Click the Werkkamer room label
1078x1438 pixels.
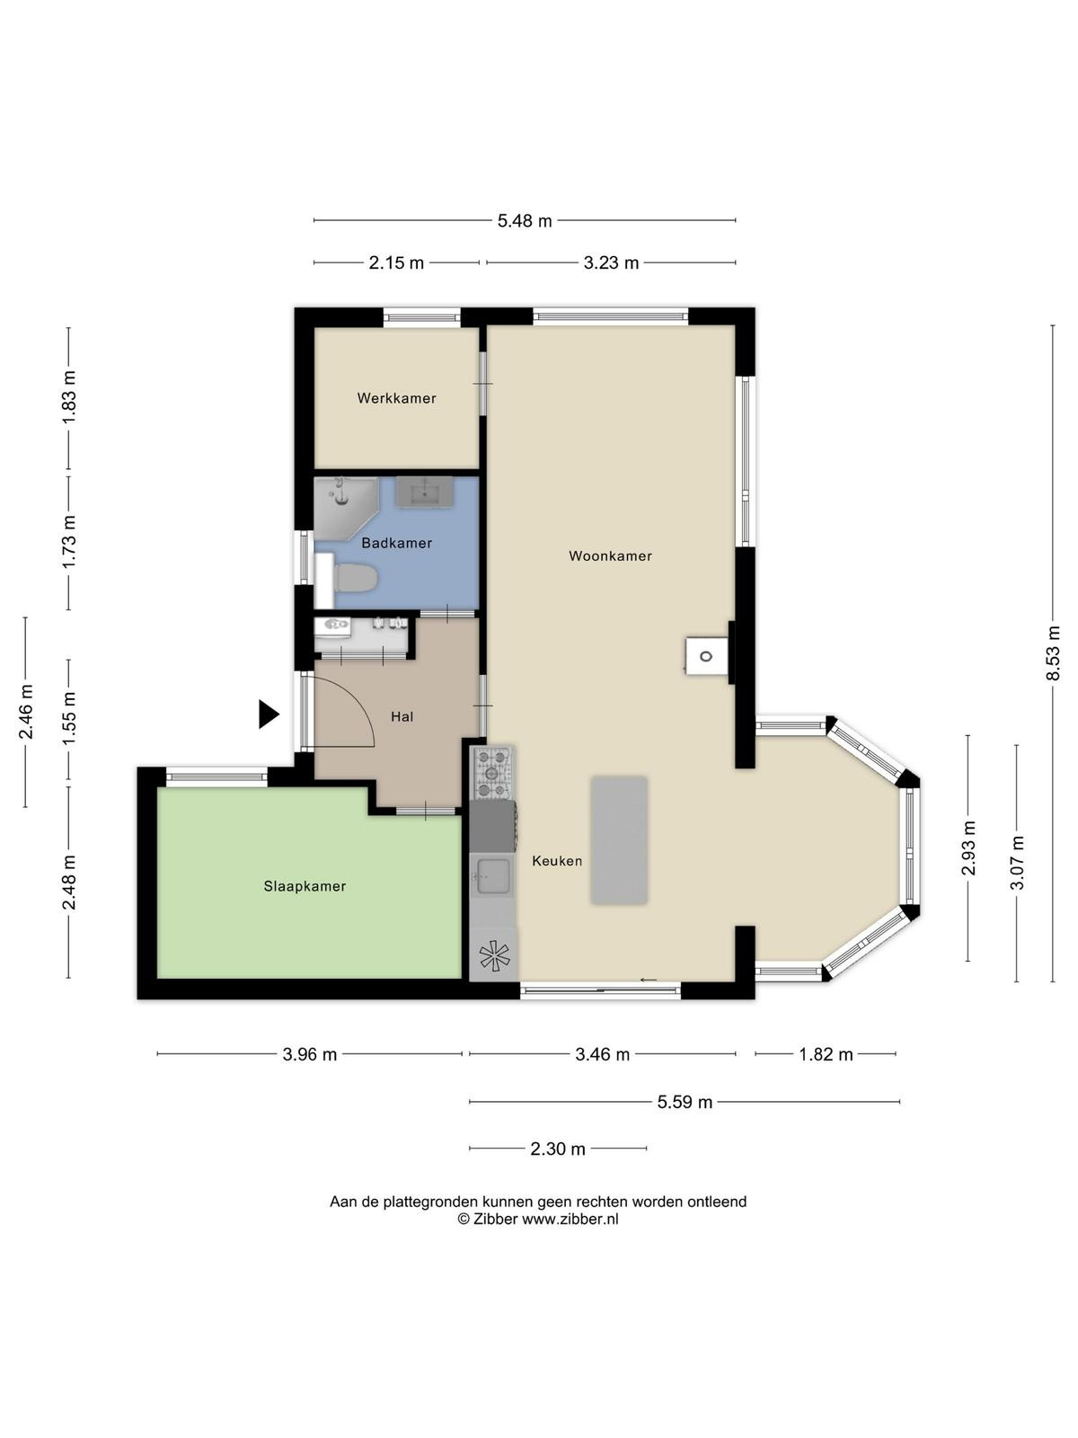396,397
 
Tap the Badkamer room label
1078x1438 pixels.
397,543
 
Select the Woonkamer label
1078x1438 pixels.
610,555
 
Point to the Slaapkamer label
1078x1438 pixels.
305,886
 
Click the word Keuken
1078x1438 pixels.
557,861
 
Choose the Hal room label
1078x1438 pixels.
402,716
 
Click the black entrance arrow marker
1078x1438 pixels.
269,715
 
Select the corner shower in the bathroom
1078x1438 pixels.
346,509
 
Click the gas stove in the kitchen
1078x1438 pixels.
492,774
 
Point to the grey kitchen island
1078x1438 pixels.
619,840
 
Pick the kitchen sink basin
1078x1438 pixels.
493,876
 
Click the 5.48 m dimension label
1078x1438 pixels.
525,221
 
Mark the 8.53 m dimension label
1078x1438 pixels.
1053,653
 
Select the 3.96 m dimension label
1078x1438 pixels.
310,1054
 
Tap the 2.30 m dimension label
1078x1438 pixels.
558,1149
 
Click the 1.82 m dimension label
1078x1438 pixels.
826,1054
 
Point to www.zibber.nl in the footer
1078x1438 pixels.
570,1219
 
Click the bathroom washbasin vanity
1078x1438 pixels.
423,492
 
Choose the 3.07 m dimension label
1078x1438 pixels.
1017,863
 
